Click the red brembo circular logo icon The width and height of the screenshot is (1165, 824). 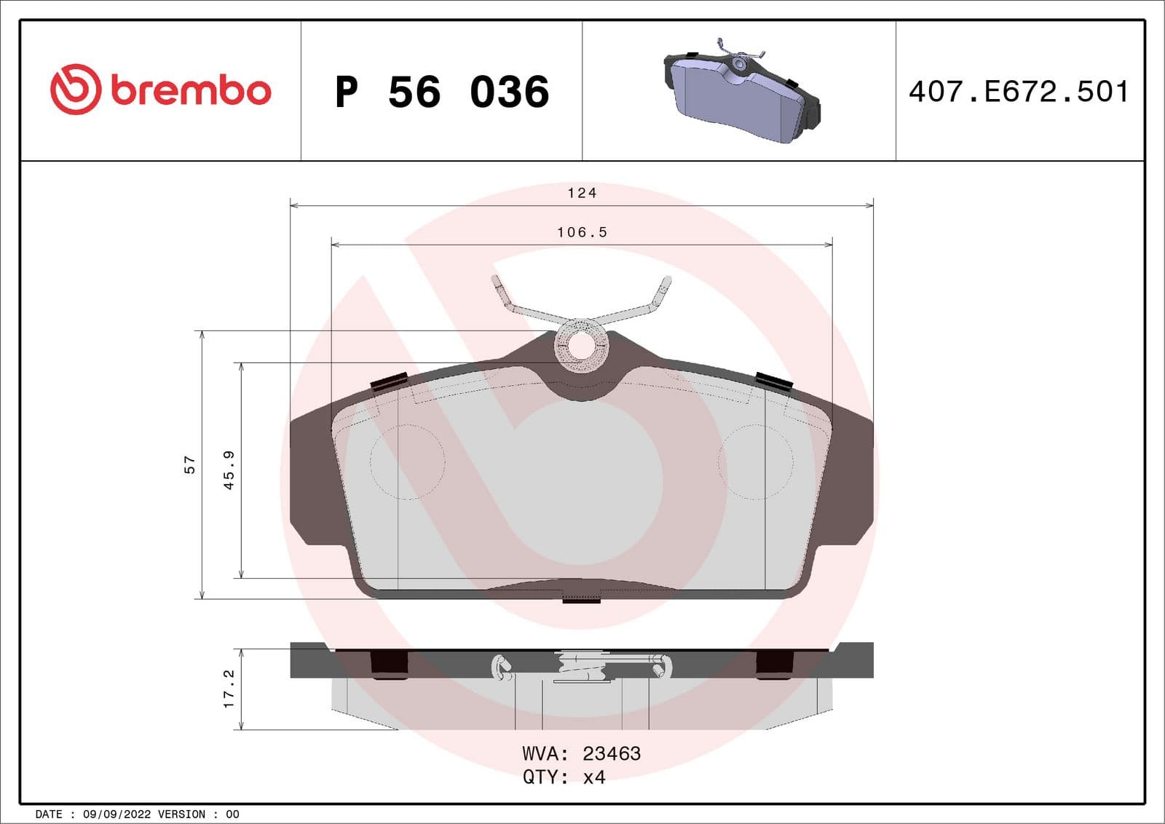75,90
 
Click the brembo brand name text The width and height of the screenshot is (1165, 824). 191,90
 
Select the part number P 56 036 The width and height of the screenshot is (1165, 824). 441,92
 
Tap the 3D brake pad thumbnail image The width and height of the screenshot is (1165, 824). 741,91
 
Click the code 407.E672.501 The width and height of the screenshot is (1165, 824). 1019,92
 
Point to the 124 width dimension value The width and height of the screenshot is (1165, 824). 582,193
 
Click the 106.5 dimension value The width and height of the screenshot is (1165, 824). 582,232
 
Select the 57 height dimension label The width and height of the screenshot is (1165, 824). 190,465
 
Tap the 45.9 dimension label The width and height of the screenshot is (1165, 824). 229,470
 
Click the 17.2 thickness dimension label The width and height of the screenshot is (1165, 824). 229,689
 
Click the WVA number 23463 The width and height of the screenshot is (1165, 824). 612,753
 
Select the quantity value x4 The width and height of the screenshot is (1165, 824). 594,777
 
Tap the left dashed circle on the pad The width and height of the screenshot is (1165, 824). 407,461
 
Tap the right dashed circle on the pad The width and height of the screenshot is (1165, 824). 754,461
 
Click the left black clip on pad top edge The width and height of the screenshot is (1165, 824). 390,381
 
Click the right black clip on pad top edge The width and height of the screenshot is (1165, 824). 773,381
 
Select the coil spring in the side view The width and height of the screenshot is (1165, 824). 582,666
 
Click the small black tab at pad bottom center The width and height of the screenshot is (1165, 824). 582,600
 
